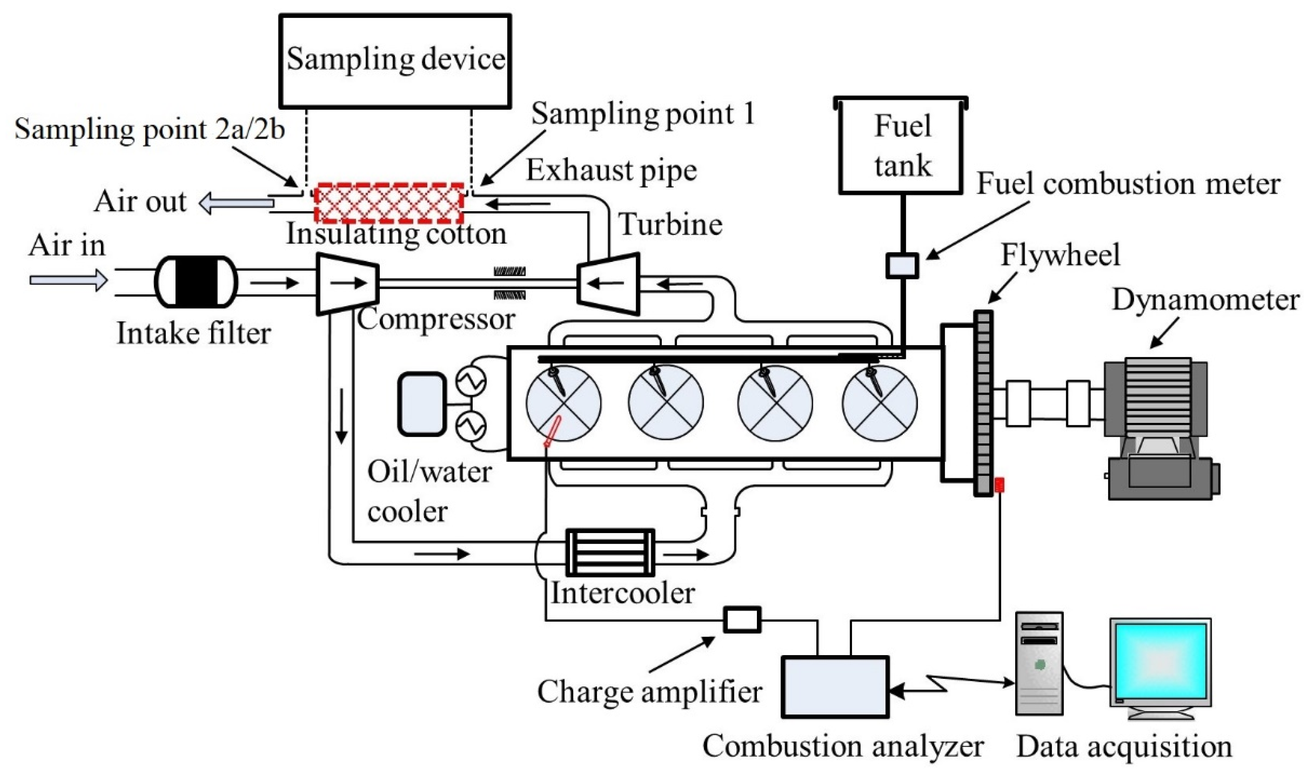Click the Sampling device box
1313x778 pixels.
[395, 61]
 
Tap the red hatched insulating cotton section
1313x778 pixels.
[388, 203]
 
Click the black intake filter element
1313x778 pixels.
[196, 281]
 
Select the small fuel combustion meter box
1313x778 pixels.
[902, 265]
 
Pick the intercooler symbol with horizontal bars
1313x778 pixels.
[610, 552]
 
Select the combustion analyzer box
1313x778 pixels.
[835, 687]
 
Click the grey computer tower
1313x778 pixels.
[1039, 663]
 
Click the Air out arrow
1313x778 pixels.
[236, 203]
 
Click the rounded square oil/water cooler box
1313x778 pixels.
[421, 404]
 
